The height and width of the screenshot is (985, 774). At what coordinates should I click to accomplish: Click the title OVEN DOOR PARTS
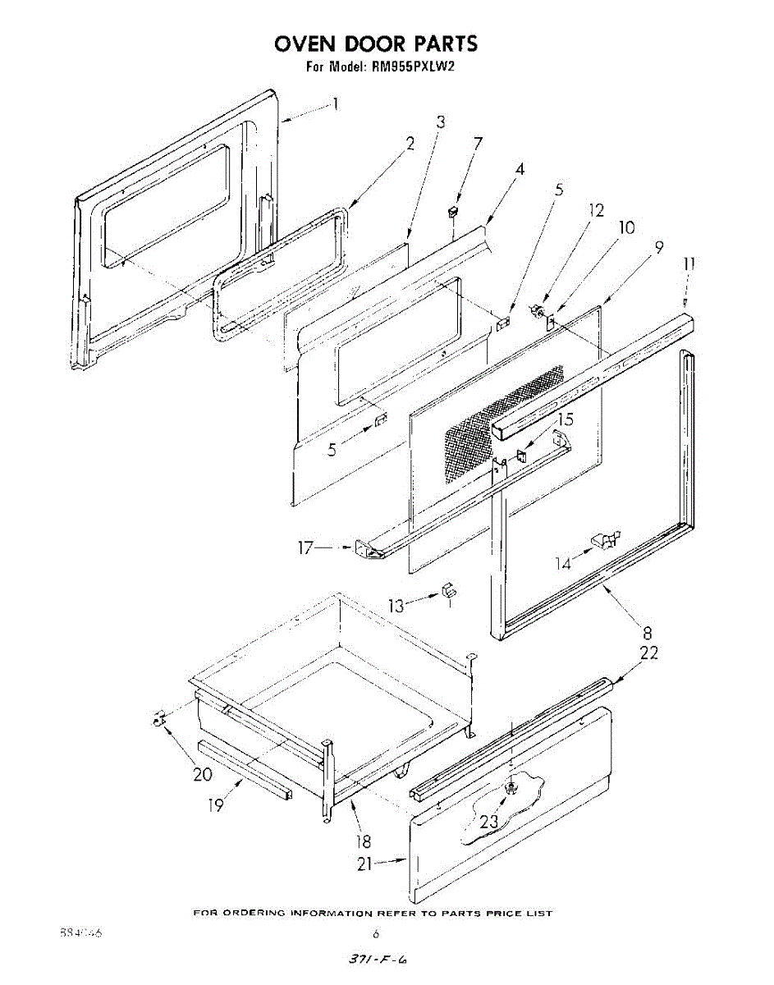376,43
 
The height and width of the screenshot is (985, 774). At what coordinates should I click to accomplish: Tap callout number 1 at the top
335,104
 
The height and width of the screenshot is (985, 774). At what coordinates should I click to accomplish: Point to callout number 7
478,143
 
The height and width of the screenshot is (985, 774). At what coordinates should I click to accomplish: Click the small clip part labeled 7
451,212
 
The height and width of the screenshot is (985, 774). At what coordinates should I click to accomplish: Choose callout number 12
597,210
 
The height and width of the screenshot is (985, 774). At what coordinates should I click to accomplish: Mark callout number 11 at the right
689,264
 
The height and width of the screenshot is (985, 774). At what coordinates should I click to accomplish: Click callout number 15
565,419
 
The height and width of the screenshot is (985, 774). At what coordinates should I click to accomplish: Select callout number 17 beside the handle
305,548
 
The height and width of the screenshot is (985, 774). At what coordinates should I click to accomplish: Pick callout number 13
397,607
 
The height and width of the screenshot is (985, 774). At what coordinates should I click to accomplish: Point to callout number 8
648,633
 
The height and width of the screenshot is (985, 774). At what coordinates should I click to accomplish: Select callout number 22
649,653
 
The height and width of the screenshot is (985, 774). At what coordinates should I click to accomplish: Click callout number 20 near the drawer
203,774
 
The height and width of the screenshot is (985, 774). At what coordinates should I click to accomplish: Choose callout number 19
216,805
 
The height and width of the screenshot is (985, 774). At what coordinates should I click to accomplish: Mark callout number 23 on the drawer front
488,821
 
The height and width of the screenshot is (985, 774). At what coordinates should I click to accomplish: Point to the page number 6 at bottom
376,934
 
